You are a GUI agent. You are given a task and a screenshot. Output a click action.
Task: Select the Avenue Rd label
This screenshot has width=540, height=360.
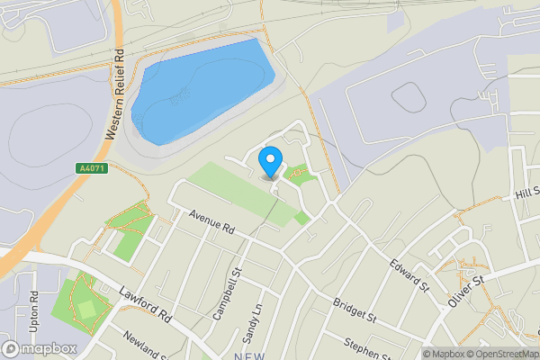(211, 221)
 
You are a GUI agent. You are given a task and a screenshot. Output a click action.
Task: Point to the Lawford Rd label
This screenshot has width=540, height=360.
(145, 305)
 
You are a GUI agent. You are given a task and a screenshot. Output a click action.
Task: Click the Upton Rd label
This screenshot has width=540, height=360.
(34, 309)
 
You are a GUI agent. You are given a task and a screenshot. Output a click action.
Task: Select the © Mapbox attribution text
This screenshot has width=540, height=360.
(442, 354)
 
